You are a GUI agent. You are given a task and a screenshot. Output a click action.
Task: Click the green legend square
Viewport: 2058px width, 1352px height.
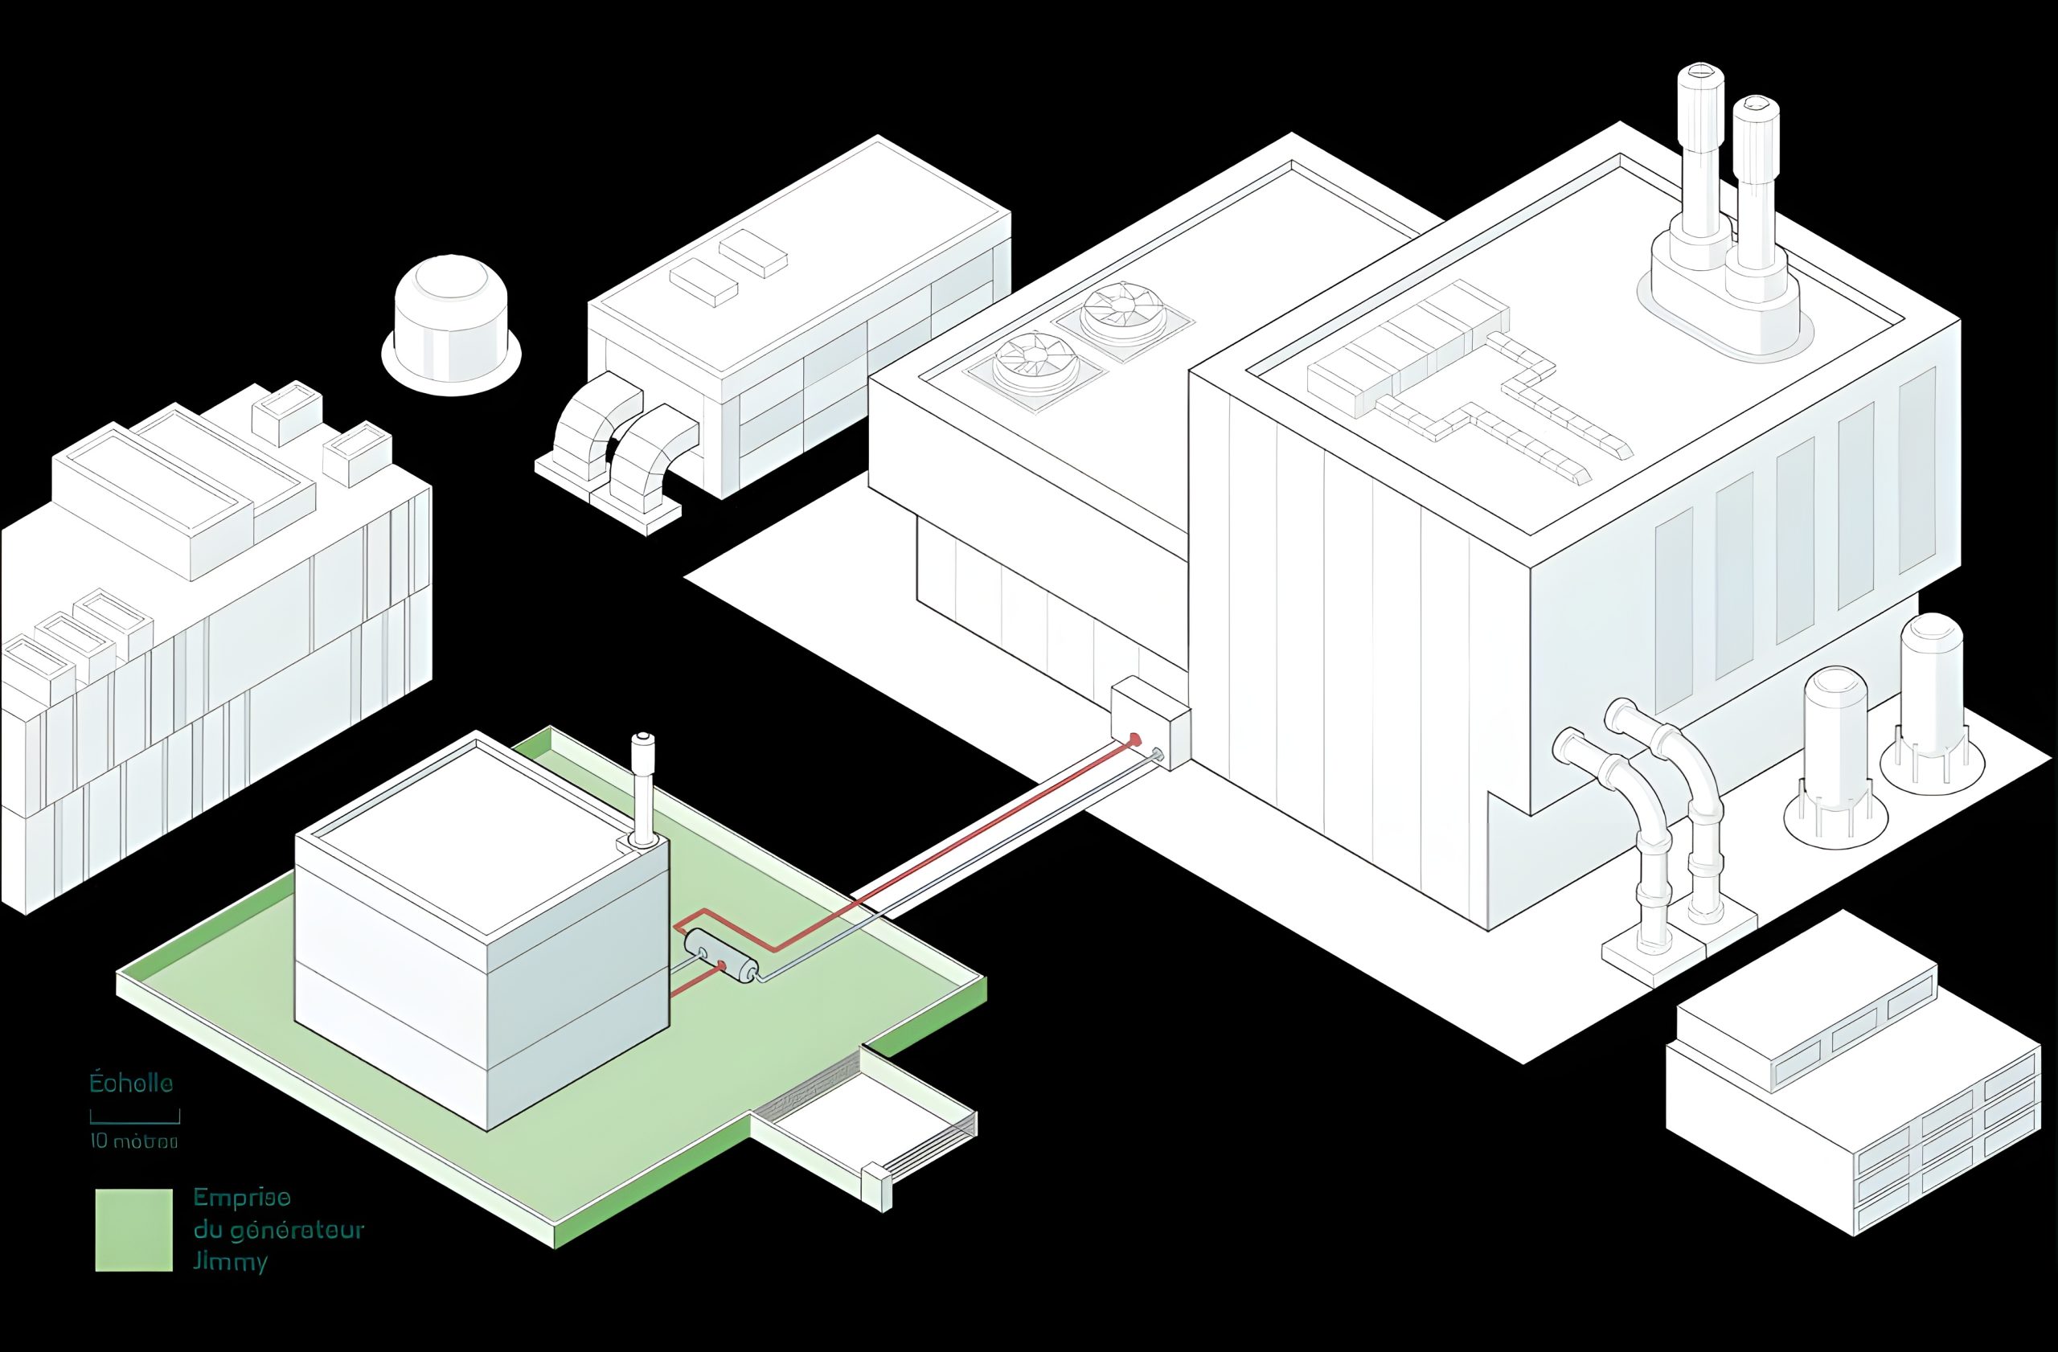pyautogui.click(x=133, y=1229)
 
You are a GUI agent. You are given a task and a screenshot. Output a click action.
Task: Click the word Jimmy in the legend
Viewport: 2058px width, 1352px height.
pyautogui.click(x=230, y=1262)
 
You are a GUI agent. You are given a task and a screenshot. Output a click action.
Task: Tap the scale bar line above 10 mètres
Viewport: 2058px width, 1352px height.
pyautogui.click(x=135, y=1121)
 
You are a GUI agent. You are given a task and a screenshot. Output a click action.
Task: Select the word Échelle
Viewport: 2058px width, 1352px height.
pyautogui.click(x=131, y=1084)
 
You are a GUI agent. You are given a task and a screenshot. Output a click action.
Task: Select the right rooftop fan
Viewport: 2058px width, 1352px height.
pyautogui.click(x=1121, y=311)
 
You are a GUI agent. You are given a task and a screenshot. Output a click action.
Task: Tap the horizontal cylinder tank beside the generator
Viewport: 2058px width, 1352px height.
pyautogui.click(x=721, y=957)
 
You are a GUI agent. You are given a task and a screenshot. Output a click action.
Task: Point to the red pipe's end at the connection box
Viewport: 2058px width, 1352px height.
pyautogui.click(x=1135, y=740)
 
